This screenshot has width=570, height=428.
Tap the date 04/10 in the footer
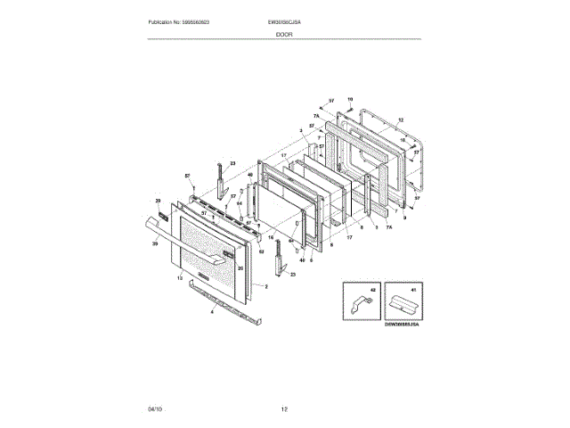[x=155, y=408]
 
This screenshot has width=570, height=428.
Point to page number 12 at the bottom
[x=284, y=408]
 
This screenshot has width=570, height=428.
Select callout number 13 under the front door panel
[x=180, y=279]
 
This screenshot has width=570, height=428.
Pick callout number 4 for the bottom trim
[x=212, y=312]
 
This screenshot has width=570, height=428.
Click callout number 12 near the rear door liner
[x=401, y=119]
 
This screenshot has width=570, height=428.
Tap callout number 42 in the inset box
[x=374, y=291]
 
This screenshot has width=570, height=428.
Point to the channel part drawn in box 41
[x=403, y=306]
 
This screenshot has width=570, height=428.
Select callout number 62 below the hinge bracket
[x=262, y=252]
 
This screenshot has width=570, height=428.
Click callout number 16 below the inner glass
[x=271, y=238]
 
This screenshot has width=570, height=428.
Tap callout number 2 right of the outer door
[x=266, y=286]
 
